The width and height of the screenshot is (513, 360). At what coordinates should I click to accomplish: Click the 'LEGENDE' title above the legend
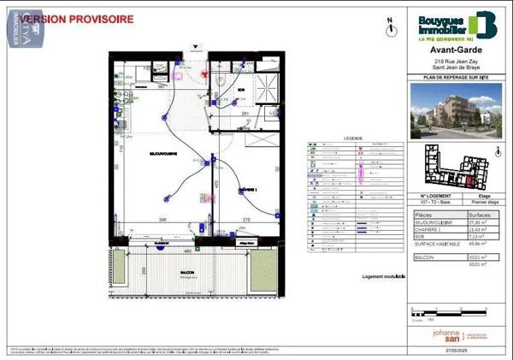(329, 138)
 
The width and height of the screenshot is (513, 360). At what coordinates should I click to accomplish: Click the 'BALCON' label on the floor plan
(187, 272)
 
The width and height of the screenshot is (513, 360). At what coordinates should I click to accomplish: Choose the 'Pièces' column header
(424, 213)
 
